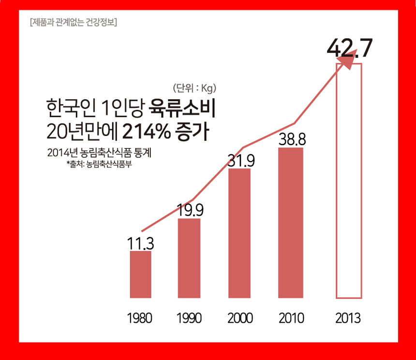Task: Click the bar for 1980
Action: pyautogui.click(x=141, y=274)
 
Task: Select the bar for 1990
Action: pyautogui.click(x=189, y=258)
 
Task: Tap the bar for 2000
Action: pyautogui.click(x=239, y=233)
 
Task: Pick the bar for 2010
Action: pyautogui.click(x=290, y=223)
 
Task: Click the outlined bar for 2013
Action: pyautogui.click(x=349, y=180)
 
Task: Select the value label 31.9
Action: pyautogui.click(x=241, y=160)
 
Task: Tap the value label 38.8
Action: pyautogui.click(x=292, y=139)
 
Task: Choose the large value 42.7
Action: pyautogui.click(x=349, y=48)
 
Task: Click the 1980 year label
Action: pyautogui.click(x=139, y=318)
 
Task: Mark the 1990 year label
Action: pyautogui.click(x=189, y=318)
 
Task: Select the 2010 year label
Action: pyautogui.click(x=291, y=318)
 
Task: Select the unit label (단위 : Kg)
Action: pyautogui.click(x=193, y=88)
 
